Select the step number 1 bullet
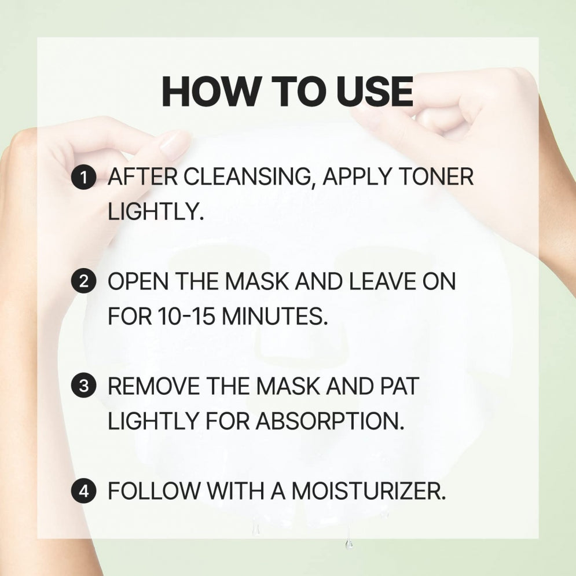pyautogui.click(x=85, y=178)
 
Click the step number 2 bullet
pyautogui.click(x=85, y=283)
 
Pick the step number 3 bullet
pyautogui.click(x=85, y=387)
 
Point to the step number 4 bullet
pyautogui.click(x=85, y=492)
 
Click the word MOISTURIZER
pyautogui.click(x=368, y=492)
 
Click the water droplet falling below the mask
pyautogui.click(x=348, y=544)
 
